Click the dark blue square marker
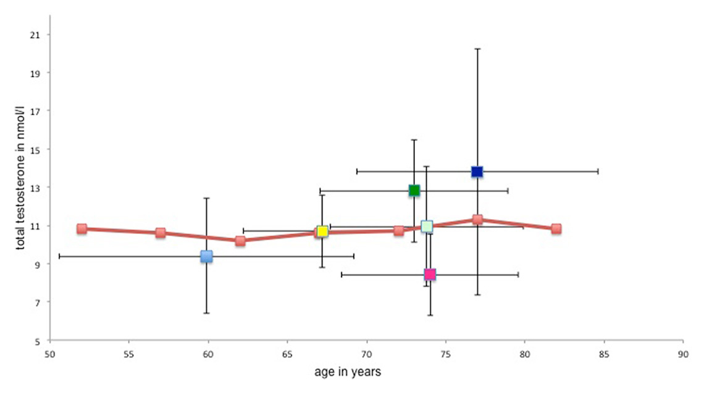pos(477,171)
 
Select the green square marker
pos(414,190)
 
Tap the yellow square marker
pos(322,231)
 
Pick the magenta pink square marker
pos(430,274)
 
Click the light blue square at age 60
pos(206,256)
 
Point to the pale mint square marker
pos(426,227)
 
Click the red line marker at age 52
pos(82,228)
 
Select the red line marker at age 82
pos(556,228)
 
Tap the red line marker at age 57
pos(161,233)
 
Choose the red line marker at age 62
pos(240,241)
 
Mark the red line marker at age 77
pos(477,219)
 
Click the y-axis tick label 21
pos(34,35)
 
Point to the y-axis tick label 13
pos(34,188)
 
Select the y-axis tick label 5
pos(36,341)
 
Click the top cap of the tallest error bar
pos(477,48)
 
